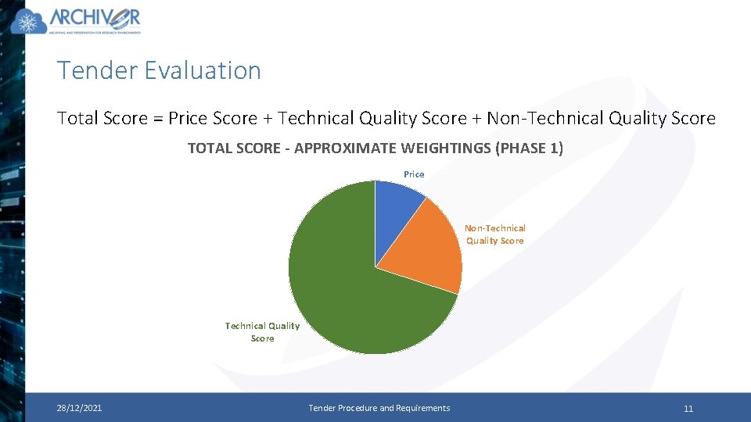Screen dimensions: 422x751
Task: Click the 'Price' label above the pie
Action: tap(414, 174)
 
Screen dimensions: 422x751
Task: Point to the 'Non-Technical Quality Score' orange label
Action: tap(495, 234)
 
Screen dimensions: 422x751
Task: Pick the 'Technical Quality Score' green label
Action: tap(262, 332)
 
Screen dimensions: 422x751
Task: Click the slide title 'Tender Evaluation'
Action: tap(159, 70)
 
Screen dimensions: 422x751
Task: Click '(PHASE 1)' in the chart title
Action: tap(530, 148)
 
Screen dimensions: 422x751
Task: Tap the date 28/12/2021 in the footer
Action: tap(78, 408)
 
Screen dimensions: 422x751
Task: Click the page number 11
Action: tap(688, 409)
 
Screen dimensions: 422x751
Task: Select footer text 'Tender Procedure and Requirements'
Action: tap(379, 408)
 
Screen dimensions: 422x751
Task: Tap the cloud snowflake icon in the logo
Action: tap(29, 22)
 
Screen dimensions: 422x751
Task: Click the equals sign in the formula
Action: tap(157, 119)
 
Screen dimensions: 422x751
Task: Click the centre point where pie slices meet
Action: tap(375, 267)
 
